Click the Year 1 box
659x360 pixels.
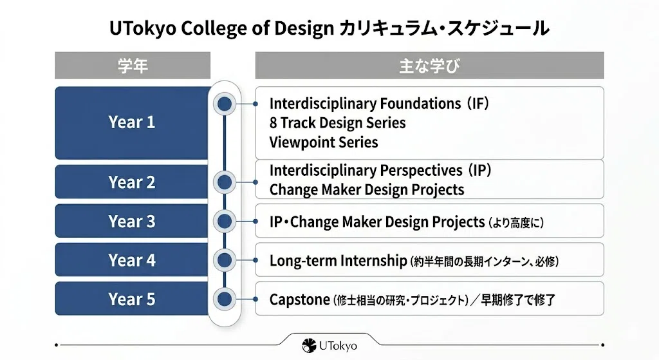tap(132, 123)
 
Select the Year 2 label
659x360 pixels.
tap(132, 182)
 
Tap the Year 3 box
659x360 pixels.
tap(132, 221)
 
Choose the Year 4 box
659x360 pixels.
tap(132, 260)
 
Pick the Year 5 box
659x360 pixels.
tap(132, 299)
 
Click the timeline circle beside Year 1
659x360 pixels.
tap(225, 104)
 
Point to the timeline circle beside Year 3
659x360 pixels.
tap(225, 221)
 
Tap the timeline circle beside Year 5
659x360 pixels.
tap(225, 299)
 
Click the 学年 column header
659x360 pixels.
tap(133, 66)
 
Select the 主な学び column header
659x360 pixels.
tap(429, 66)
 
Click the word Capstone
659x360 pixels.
tap(300, 300)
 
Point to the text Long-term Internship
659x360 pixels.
tap(339, 261)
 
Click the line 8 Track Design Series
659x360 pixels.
tap(337, 123)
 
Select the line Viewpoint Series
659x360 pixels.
tap(324, 142)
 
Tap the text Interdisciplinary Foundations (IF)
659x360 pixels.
tap(379, 104)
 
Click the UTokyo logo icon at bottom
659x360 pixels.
tap(309, 346)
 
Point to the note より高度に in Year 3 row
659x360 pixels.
tap(516, 222)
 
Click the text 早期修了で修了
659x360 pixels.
tap(518, 300)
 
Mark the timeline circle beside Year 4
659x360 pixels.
tap(225, 260)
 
